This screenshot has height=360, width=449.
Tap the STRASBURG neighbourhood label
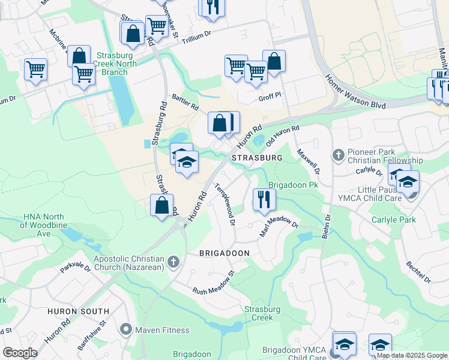coord(257,157)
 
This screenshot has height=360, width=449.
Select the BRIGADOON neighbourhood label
coord(224,253)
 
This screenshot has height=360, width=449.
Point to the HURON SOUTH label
coord(79,311)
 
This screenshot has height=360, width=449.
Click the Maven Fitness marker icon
coord(126,329)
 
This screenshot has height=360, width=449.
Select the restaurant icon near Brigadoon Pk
coord(264,199)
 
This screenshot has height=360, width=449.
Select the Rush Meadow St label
coord(212,283)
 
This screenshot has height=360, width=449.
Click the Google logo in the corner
coord(19,353)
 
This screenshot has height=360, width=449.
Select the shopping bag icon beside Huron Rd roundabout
coord(161,205)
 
